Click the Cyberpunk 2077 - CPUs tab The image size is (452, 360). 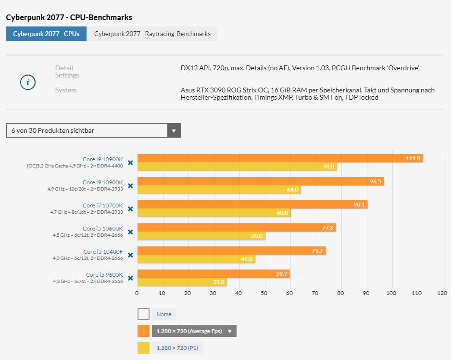(x=46, y=34)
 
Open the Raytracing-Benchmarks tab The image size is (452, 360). (x=152, y=34)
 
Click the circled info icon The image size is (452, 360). (x=28, y=82)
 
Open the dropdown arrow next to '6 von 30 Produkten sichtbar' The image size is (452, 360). (x=174, y=130)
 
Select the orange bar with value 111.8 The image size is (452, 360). (x=280, y=158)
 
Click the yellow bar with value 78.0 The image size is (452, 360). (x=237, y=167)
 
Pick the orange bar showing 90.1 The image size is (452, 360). (x=252, y=205)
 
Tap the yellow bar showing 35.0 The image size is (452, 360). (x=182, y=282)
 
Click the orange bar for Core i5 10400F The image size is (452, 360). (x=231, y=251)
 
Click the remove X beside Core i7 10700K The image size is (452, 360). (x=130, y=209)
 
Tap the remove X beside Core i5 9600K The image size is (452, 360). (x=130, y=278)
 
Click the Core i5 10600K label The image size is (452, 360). (x=102, y=229)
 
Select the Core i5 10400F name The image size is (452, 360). (x=103, y=252)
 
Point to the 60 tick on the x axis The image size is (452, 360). (x=289, y=293)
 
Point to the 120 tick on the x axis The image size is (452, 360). (x=442, y=293)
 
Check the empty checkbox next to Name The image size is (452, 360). (x=143, y=314)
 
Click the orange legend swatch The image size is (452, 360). (x=143, y=331)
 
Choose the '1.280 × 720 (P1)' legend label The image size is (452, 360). (x=177, y=348)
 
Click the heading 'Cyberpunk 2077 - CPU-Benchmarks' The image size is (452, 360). (x=69, y=17)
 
